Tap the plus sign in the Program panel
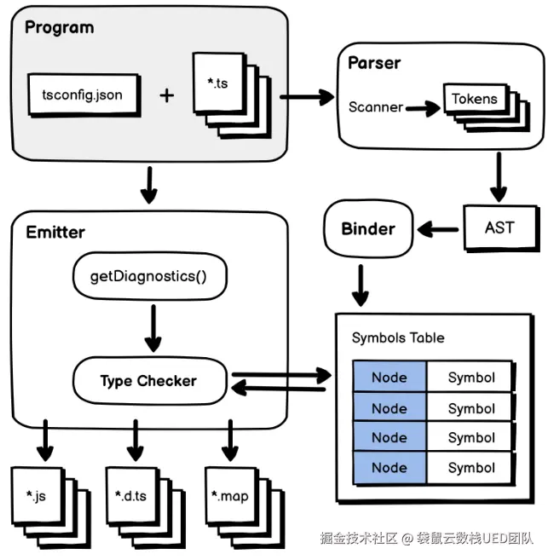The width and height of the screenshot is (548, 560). (x=166, y=95)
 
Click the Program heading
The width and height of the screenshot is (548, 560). (x=59, y=27)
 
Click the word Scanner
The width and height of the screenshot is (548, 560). (x=375, y=107)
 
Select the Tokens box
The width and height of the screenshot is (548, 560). (x=473, y=100)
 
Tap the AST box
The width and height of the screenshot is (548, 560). (x=499, y=228)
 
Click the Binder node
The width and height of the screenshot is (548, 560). (x=368, y=228)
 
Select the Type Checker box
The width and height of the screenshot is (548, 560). (x=148, y=381)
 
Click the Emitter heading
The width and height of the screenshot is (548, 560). (x=55, y=232)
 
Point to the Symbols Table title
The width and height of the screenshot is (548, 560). (x=398, y=338)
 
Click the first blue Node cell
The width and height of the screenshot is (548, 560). (x=389, y=378)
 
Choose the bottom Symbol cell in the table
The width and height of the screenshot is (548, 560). (x=471, y=467)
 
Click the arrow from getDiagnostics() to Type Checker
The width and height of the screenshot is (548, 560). (x=153, y=327)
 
